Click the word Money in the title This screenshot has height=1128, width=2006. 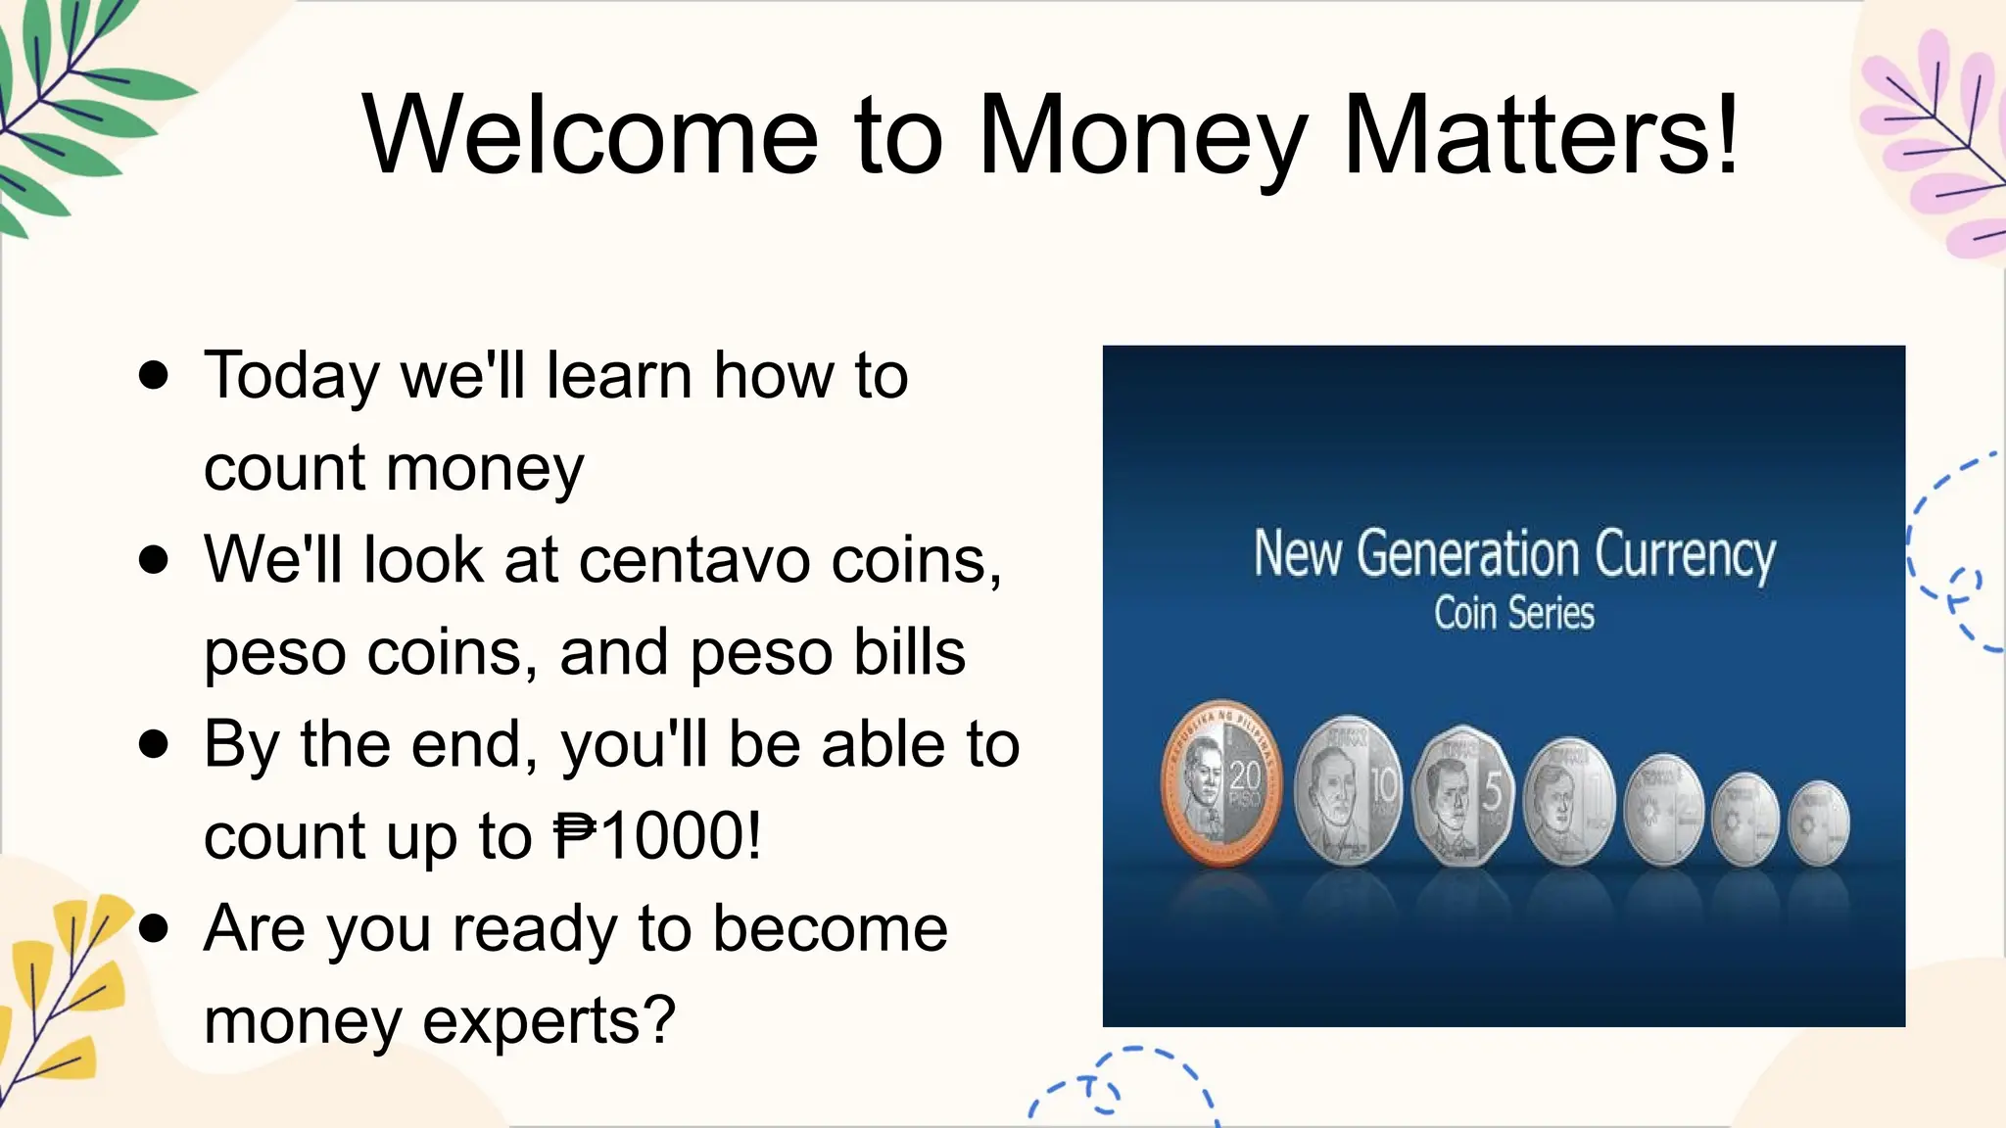pyautogui.click(x=1142, y=137)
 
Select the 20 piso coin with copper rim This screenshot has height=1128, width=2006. pyautogui.click(x=1221, y=784)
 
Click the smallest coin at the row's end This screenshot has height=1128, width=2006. pyautogui.click(x=1819, y=822)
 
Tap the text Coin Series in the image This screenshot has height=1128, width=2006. pyautogui.click(x=1513, y=614)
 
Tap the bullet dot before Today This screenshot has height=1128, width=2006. pyautogui.click(x=154, y=375)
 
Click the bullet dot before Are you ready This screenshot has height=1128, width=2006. pyautogui.click(x=154, y=928)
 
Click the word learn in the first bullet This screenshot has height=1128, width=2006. pyautogui.click(x=620, y=376)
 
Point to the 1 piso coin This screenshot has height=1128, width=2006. pyautogui.click(x=1569, y=802)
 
